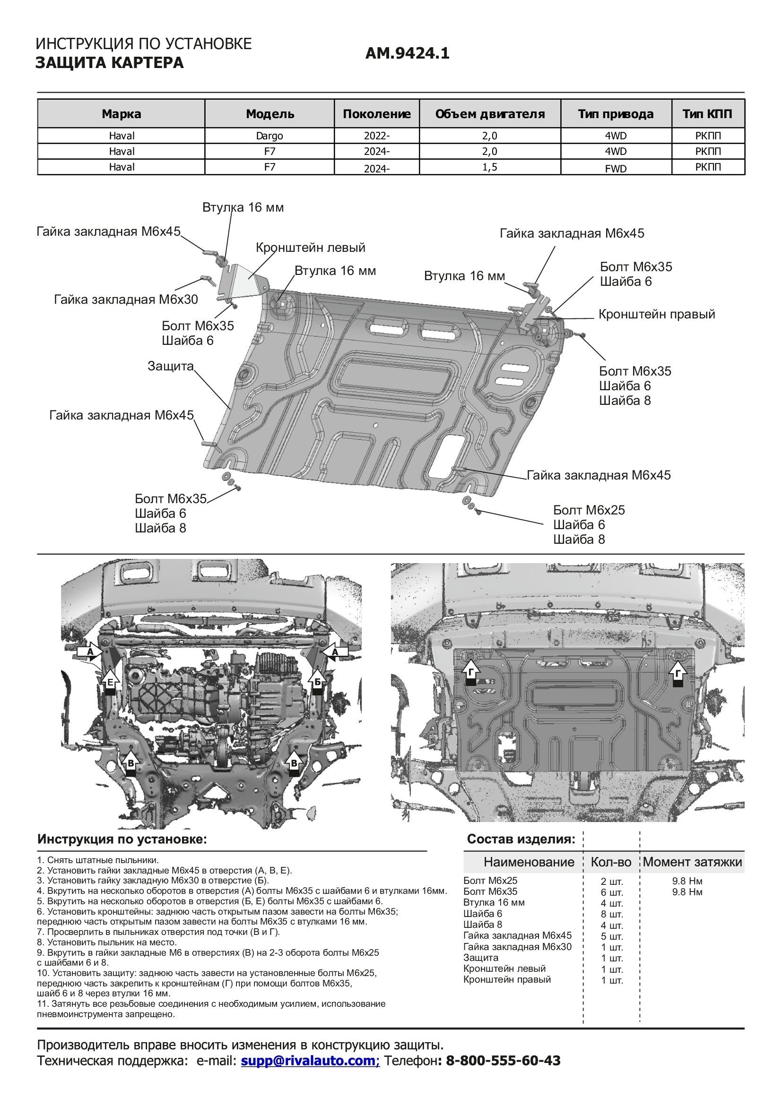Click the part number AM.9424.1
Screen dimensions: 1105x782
407,53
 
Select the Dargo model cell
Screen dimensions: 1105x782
269,136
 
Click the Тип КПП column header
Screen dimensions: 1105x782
707,114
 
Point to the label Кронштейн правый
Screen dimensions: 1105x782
657,314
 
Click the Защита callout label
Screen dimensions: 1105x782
170,366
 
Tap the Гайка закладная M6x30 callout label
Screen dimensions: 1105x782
126,300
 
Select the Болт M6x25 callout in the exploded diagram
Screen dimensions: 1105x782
589,510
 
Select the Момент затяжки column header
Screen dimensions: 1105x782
692,862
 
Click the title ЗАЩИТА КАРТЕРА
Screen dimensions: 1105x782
109,63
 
